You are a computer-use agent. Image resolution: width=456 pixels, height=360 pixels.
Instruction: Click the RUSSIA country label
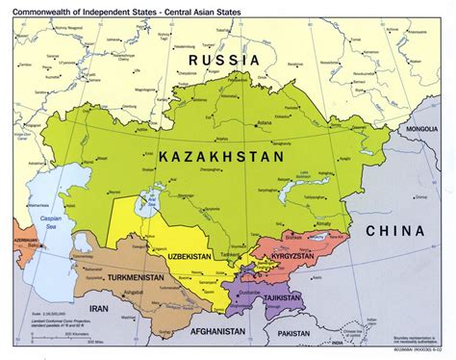225,60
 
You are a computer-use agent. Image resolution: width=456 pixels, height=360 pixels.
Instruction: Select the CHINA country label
396,231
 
